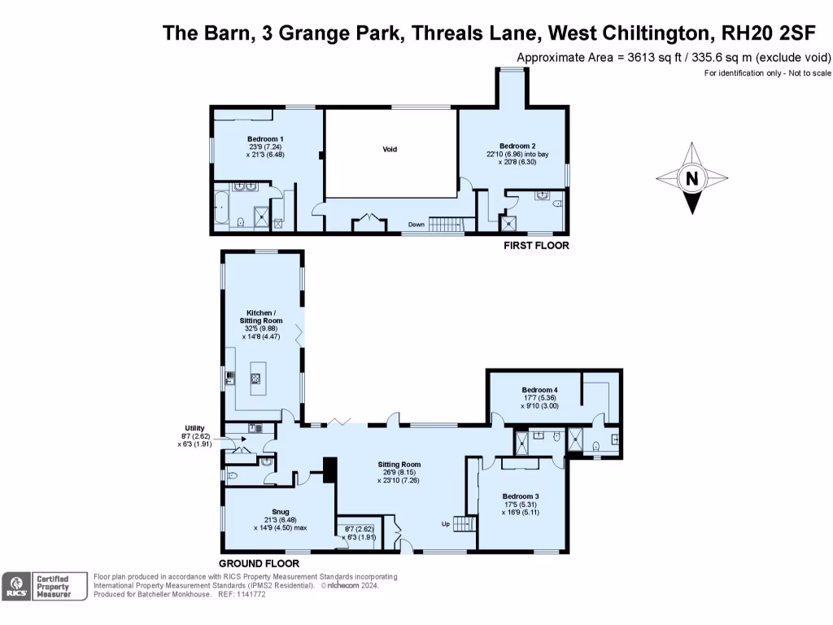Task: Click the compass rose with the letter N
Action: (691, 178)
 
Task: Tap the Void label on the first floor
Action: (390, 149)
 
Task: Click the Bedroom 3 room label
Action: (521, 496)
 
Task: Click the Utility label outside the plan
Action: (194, 428)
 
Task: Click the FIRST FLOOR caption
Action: (536, 246)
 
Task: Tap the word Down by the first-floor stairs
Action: (416, 225)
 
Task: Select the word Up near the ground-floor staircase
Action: (446, 523)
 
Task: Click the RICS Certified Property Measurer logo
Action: (45, 586)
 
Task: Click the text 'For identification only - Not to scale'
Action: (767, 73)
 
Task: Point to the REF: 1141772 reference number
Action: (242, 594)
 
